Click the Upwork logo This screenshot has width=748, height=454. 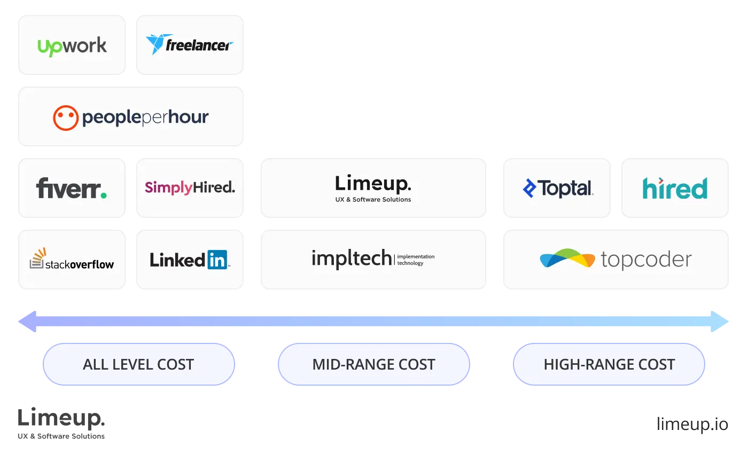pos(72,46)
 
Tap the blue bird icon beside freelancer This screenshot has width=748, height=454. pos(155,44)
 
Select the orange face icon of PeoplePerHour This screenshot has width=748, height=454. pos(66,118)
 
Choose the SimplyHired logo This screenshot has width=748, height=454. pos(190,187)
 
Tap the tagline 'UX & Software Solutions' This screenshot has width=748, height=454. pos(373,200)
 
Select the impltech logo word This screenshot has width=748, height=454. pos(352,259)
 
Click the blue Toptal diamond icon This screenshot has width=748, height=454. pos(529,189)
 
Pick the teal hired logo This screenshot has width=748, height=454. pos(675,188)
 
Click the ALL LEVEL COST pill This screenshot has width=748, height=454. pos(138,365)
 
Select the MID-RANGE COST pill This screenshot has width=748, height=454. pos(374,365)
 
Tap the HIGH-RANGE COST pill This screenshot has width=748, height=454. pos(609,365)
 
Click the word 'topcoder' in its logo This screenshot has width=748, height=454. pos(646,260)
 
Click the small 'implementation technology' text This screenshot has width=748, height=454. pos(416,260)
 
